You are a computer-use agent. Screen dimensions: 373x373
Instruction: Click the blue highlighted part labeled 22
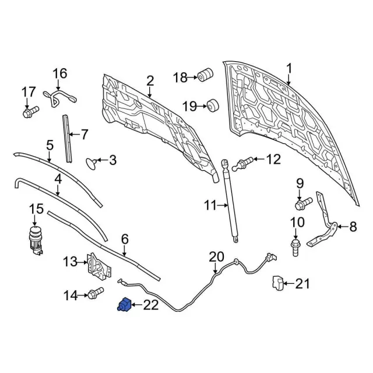[124, 307]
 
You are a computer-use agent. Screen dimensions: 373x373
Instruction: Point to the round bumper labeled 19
[212, 106]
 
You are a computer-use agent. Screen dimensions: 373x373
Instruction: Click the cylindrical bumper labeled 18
[205, 76]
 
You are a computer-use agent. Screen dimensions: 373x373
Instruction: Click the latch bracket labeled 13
[97, 265]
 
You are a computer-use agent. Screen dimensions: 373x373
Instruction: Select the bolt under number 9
[303, 205]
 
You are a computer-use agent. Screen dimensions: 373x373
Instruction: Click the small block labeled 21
[278, 283]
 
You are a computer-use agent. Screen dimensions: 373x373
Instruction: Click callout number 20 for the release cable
[216, 256]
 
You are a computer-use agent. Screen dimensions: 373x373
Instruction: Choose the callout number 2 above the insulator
[150, 80]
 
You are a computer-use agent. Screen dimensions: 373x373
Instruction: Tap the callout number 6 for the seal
[125, 239]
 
